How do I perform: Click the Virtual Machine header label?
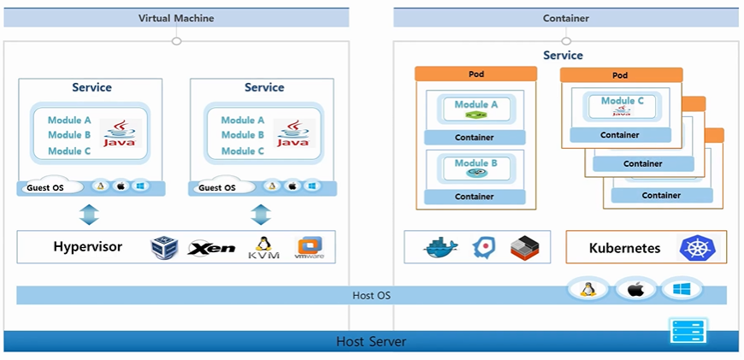tap(176, 18)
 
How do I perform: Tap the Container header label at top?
tap(565, 18)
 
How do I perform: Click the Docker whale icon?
tap(441, 248)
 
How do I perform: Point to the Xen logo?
tap(211, 248)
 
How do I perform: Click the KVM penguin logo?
tap(263, 247)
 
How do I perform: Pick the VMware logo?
tap(308, 248)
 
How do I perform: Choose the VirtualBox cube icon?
tap(163, 248)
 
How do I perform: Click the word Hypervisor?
tap(88, 247)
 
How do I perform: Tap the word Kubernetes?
tap(624, 249)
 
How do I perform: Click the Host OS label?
tap(371, 296)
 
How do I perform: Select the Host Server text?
tap(371, 342)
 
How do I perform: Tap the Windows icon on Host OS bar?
tap(681, 290)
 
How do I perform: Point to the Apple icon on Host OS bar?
tap(635, 290)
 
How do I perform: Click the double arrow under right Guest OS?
tap(260, 214)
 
